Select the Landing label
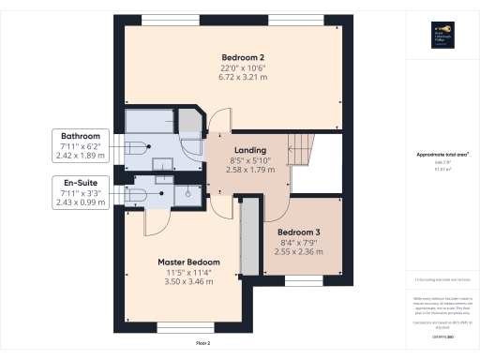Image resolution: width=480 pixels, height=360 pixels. (250, 150)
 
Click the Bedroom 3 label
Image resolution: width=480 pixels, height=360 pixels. (300, 231)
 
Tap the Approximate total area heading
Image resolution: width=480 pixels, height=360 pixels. (442, 155)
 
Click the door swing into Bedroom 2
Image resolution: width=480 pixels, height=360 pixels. (217, 120)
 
